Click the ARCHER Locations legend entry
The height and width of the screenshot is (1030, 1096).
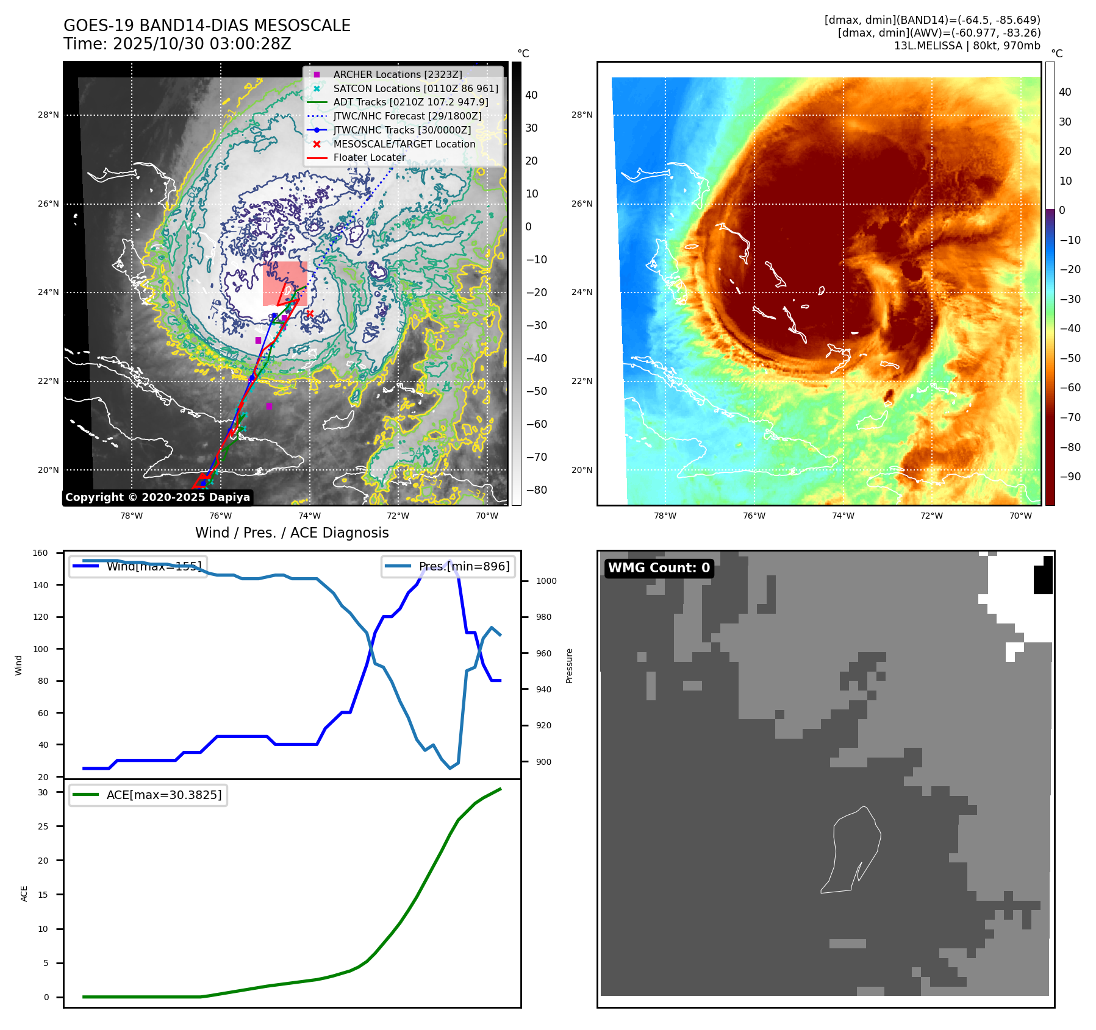tap(397, 74)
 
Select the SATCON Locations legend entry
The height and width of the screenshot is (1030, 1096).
tap(415, 88)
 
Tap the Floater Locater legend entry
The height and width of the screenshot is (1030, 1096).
tap(369, 157)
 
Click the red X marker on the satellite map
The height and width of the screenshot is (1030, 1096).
tap(310, 314)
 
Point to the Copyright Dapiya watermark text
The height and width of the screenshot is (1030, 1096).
tap(157, 497)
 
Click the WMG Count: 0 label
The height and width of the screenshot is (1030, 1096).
tap(659, 568)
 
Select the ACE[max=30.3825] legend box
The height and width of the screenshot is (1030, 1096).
tap(148, 795)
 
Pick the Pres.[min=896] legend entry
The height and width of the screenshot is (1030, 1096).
tap(448, 566)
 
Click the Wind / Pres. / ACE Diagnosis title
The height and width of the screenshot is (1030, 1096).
tap(292, 533)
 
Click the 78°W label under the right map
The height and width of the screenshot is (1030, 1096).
tap(665, 516)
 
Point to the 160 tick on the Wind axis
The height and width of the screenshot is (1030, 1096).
tap(40, 553)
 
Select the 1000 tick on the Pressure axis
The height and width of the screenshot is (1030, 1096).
tap(546, 581)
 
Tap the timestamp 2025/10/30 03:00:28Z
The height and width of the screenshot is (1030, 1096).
tap(201, 44)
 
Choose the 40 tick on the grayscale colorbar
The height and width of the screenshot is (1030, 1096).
tap(531, 95)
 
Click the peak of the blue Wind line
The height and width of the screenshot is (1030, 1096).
tap(450, 561)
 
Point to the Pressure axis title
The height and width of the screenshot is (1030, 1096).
tap(569, 666)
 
